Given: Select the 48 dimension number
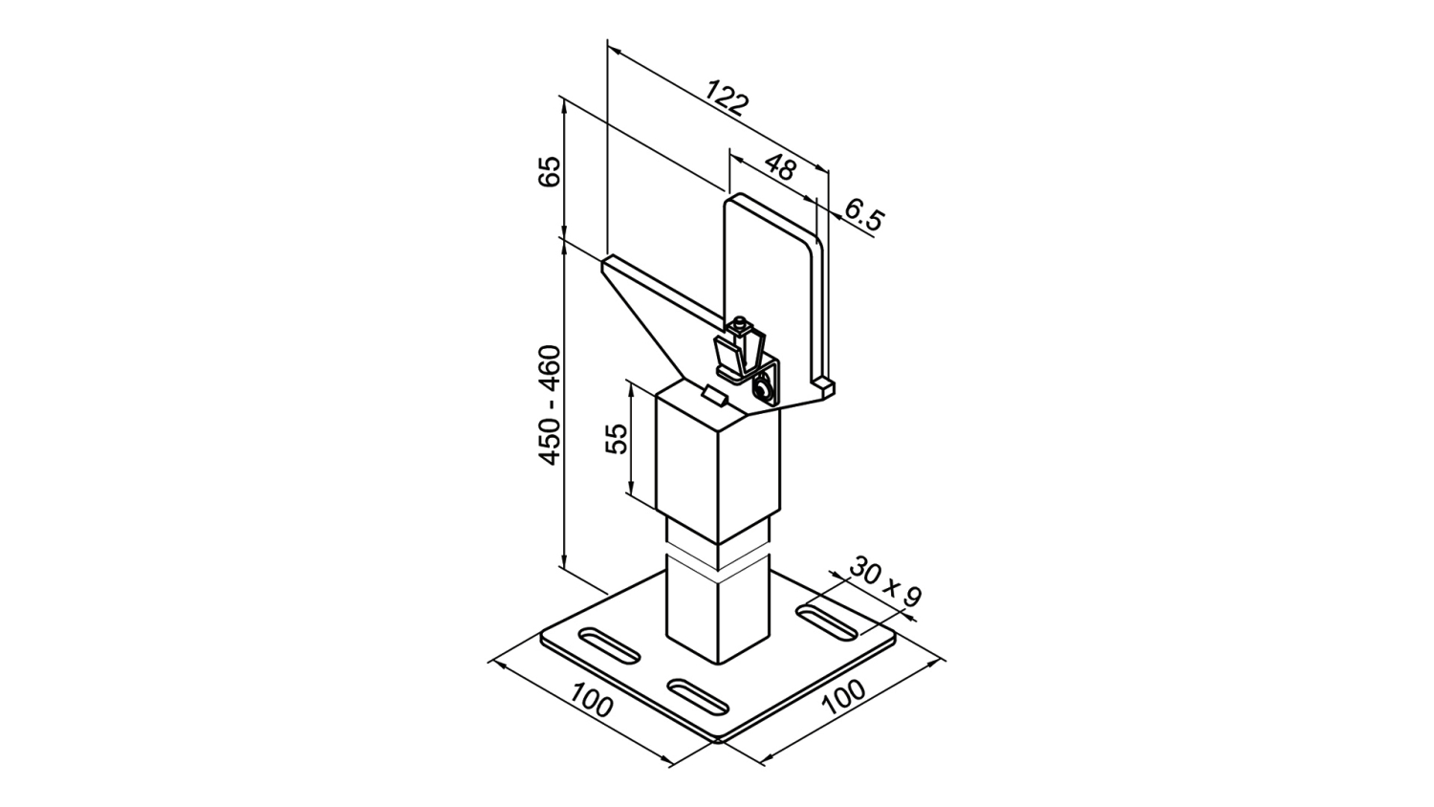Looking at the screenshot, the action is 780,167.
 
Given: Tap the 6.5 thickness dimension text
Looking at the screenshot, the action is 863,214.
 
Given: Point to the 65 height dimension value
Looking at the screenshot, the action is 550,171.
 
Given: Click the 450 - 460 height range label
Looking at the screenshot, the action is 550,404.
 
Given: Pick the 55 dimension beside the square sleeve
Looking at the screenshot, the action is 618,439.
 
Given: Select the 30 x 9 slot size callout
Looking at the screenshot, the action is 885,582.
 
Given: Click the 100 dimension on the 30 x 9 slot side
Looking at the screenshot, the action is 844,696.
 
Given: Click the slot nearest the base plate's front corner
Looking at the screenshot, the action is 698,698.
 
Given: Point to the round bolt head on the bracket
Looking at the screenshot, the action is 762,390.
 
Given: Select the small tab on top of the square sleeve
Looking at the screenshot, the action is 715,395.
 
